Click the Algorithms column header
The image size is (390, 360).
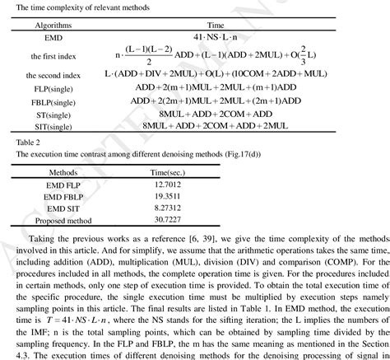coord(51,26)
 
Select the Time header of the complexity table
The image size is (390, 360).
coord(216,26)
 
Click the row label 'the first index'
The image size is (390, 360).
coord(51,56)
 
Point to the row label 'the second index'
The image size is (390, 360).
coord(51,75)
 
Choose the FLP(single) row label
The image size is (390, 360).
coord(51,89)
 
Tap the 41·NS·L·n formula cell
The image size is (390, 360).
coord(216,39)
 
